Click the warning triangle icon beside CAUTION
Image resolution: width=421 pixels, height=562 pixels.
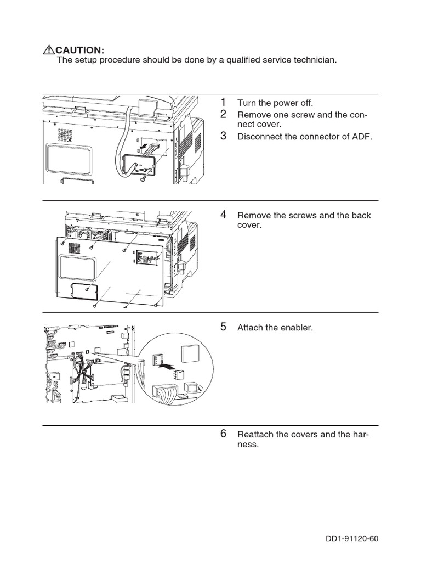(x=49, y=50)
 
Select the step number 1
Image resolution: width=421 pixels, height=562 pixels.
(x=223, y=102)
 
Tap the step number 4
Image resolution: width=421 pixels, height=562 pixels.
(x=223, y=215)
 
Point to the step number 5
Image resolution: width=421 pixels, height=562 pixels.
(x=223, y=327)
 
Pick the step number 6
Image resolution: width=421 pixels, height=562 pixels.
(x=223, y=434)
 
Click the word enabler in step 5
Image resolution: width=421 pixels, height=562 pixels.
(x=298, y=328)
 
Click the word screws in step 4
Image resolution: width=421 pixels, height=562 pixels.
(x=302, y=216)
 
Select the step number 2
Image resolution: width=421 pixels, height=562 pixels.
(x=223, y=114)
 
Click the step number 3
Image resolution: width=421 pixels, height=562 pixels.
(x=223, y=136)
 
